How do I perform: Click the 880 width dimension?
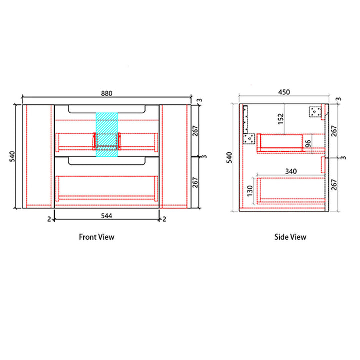coord(107,93)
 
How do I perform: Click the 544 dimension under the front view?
coord(107,216)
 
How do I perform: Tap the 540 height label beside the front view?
coord(12,156)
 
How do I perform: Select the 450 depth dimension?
coord(284,92)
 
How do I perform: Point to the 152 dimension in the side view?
coord(281,119)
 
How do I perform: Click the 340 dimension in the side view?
coord(291,171)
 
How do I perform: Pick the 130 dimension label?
coord(250,191)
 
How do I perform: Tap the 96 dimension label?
coord(308,144)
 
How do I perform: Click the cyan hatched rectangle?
coord(107,135)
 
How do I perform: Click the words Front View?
coord(97,237)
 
